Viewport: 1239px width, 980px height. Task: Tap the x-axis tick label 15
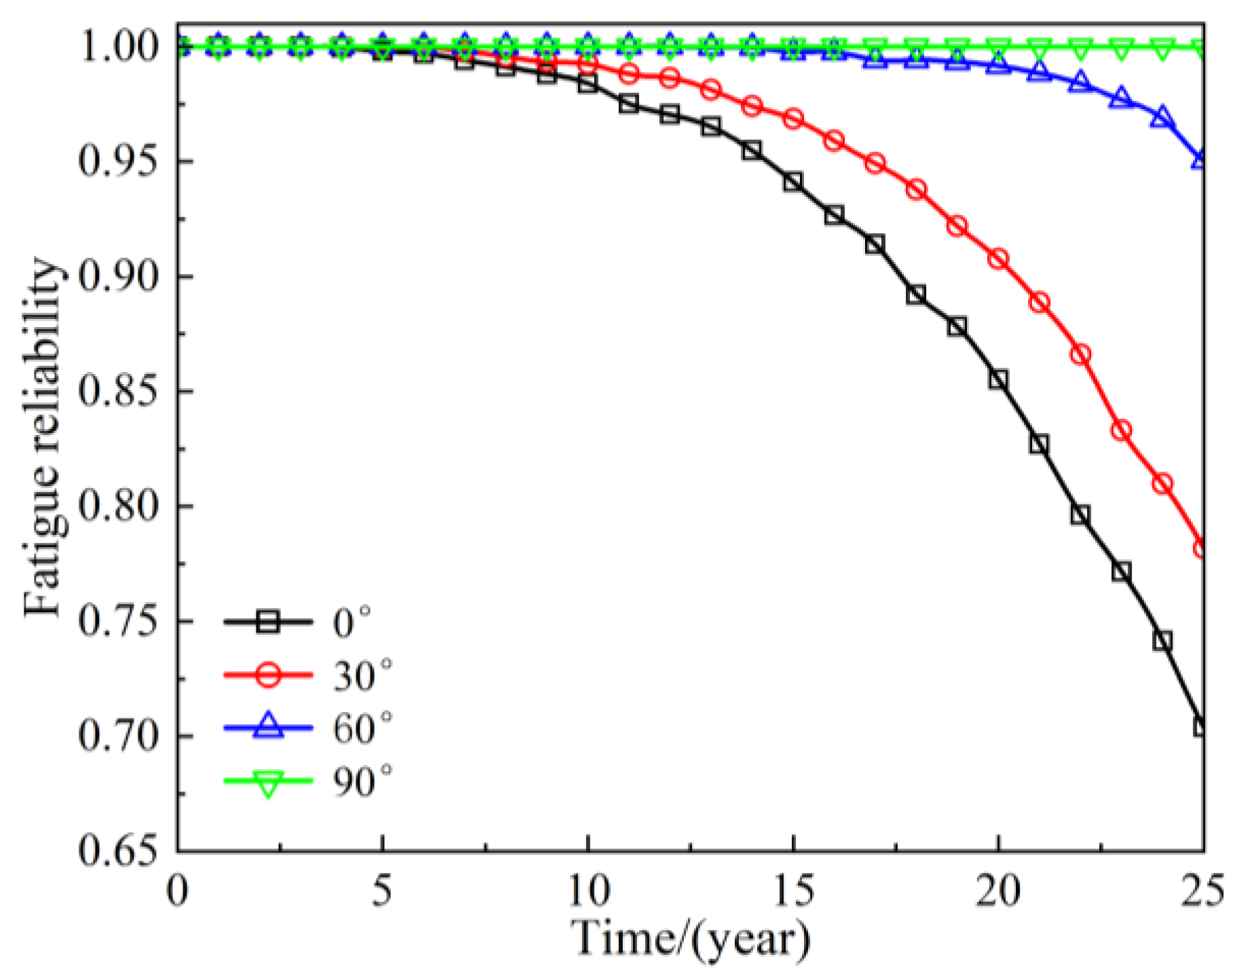[793, 890]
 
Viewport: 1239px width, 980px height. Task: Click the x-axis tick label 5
[383, 890]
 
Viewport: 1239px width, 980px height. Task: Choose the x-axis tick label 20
[997, 890]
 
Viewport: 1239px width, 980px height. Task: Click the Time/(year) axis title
[690, 940]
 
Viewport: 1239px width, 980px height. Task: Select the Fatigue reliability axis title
[42, 438]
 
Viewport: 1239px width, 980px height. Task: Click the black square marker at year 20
[997, 379]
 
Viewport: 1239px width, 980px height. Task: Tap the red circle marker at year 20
[997, 259]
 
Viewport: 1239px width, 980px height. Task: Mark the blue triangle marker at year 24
[1162, 117]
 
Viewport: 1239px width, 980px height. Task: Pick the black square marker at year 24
[1162, 640]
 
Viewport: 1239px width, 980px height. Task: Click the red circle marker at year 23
[1121, 430]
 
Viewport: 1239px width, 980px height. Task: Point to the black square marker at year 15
[793, 182]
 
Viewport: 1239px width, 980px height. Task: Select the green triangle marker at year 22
[1080, 48]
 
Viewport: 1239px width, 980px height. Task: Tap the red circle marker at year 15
[793, 119]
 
